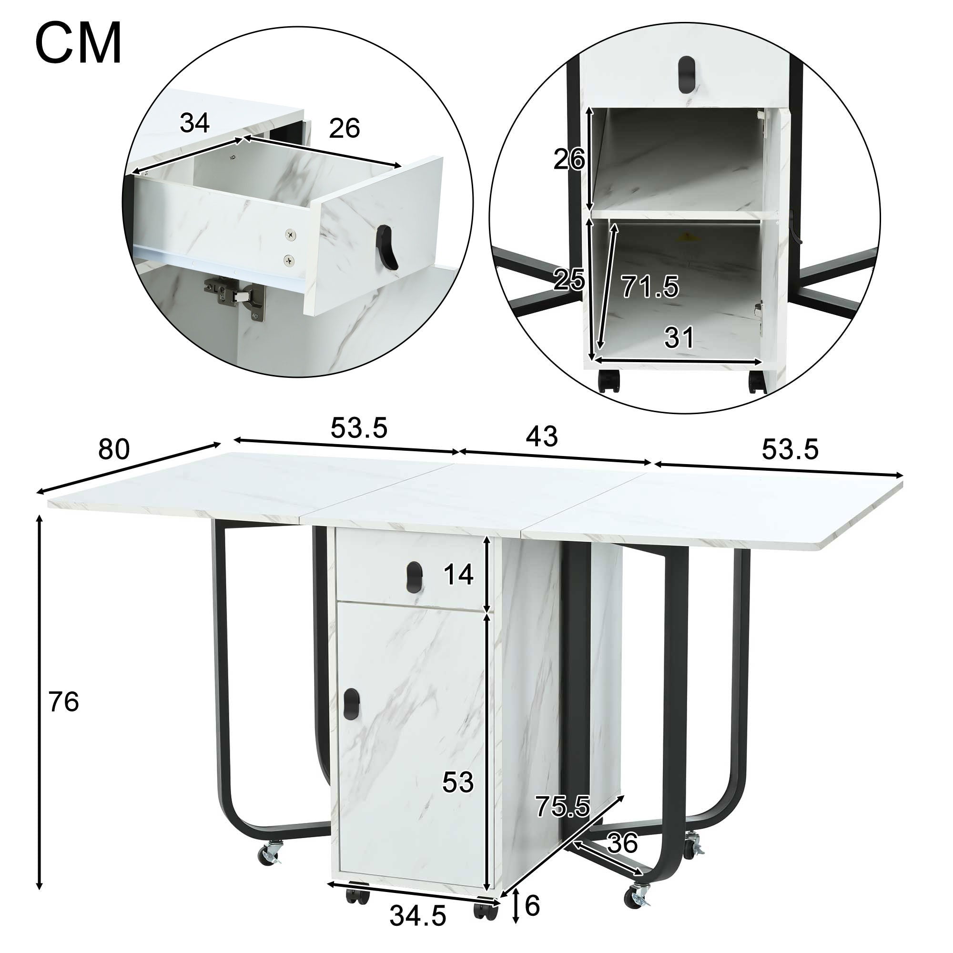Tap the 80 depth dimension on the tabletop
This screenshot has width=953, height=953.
pyautogui.click(x=113, y=450)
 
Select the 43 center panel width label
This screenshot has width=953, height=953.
pyautogui.click(x=542, y=436)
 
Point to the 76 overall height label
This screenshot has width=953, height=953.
pyautogui.click(x=64, y=702)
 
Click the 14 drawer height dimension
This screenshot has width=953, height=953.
pyautogui.click(x=458, y=575)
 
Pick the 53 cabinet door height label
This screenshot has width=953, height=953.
pyautogui.click(x=457, y=782)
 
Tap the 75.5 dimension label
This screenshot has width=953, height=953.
pyautogui.click(x=562, y=807)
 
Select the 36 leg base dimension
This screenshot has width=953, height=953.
pyautogui.click(x=622, y=844)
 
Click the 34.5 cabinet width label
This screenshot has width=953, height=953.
pyautogui.click(x=417, y=916)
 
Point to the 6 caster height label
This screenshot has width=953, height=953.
pyautogui.click(x=532, y=906)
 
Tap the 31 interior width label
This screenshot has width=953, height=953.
pyautogui.click(x=679, y=338)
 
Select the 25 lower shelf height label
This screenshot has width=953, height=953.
pyautogui.click(x=569, y=280)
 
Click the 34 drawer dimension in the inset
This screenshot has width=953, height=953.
pyautogui.click(x=194, y=123)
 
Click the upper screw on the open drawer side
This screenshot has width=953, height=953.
pyautogui.click(x=292, y=236)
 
